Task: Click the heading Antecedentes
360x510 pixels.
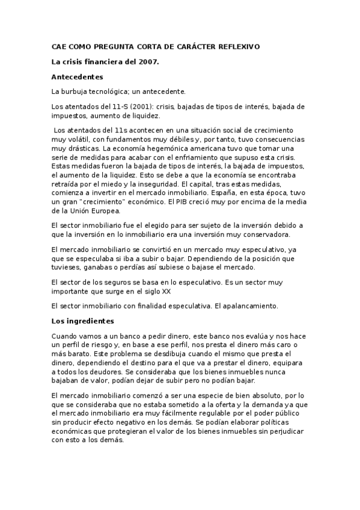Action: pos(78,77)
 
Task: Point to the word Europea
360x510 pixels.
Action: pos(107,210)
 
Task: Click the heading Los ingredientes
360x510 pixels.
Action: pos(82,321)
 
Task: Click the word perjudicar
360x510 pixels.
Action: pos(282,431)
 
